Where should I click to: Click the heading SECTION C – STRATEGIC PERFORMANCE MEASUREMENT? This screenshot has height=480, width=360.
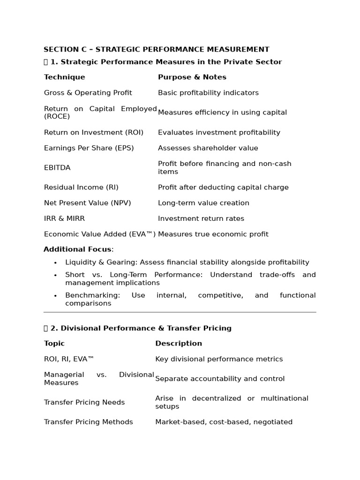coord(157,49)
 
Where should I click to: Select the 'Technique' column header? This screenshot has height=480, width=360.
coord(65,77)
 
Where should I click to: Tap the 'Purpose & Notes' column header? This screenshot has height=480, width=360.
coord(192,77)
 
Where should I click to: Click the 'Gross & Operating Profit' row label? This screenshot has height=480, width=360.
coord(88,93)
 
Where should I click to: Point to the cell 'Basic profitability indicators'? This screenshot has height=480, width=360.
coord(208,93)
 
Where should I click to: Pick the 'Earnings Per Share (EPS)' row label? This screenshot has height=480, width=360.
coord(89,148)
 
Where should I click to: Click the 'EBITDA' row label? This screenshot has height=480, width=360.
coord(57,168)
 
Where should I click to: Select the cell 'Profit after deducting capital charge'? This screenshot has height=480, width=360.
coord(223,187)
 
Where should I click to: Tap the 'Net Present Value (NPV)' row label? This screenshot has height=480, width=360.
coord(88,203)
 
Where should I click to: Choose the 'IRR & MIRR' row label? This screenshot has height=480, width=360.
coord(64,218)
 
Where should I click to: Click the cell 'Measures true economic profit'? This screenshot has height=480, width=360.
coord(213,234)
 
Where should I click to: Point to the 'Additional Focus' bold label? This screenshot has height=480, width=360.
coord(77,249)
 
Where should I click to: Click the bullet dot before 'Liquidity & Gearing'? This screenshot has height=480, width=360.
coord(55,263)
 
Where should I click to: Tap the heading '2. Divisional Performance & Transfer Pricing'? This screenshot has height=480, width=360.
coord(141,328)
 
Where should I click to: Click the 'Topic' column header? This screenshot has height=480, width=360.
coord(54,343)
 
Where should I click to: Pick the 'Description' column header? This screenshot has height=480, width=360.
coord(179,343)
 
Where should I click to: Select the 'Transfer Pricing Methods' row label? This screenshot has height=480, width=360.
coord(89,422)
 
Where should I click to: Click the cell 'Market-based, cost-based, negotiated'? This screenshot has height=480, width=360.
coord(224,422)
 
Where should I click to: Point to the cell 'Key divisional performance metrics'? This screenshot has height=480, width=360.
coord(219,359)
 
